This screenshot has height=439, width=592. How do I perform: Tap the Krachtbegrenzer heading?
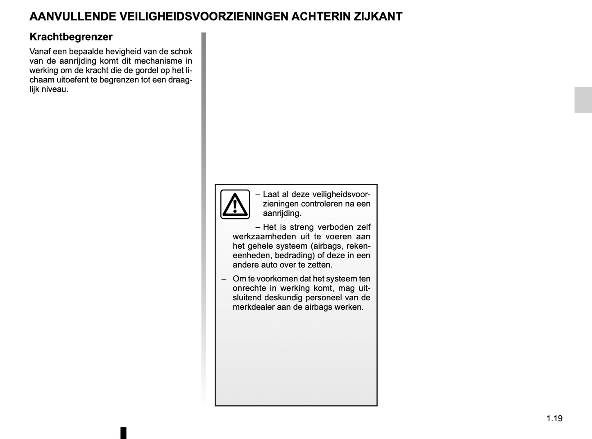(x=71, y=37)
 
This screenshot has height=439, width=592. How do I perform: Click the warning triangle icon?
(x=235, y=204)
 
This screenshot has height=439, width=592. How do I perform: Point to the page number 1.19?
(x=554, y=418)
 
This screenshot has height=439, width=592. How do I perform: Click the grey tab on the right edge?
(x=583, y=100)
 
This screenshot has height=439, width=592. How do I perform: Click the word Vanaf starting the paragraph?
(x=40, y=52)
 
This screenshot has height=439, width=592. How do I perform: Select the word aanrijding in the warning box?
(x=282, y=213)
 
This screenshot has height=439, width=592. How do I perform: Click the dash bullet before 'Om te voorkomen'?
(x=224, y=279)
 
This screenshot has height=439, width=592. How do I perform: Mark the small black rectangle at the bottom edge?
(x=123, y=433)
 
